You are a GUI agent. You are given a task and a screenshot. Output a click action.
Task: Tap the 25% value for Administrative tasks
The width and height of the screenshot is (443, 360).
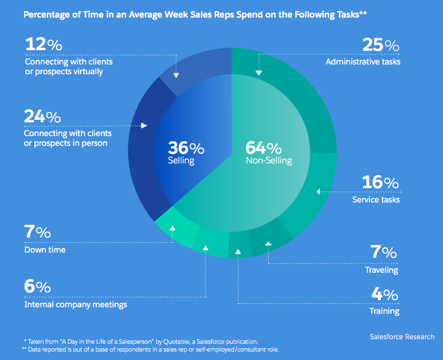click(x=381, y=46)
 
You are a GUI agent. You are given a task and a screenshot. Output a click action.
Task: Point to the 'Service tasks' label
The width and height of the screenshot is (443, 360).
click(x=375, y=199)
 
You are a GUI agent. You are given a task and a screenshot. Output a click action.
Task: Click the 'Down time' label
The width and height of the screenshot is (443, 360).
click(x=44, y=249)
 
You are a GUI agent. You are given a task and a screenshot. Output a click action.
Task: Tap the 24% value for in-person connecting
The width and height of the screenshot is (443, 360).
click(x=42, y=117)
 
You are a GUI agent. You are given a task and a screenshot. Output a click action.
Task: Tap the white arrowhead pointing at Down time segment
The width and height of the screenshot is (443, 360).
click(x=172, y=228)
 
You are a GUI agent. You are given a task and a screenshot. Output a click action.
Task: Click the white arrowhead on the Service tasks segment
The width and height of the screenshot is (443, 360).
click(x=319, y=191)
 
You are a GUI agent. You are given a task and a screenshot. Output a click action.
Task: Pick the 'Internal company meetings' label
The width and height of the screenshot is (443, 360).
click(x=75, y=304)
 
